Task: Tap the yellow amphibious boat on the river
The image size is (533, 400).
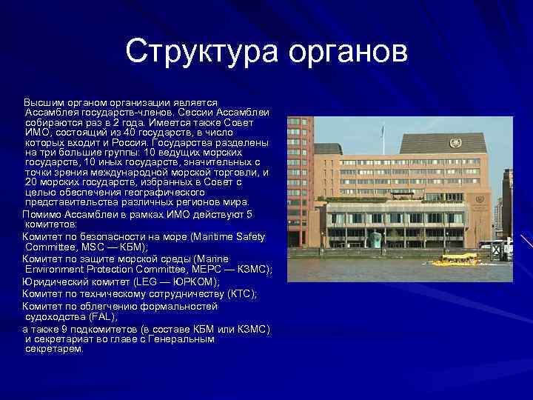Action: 455,259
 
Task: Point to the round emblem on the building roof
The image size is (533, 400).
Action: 455,142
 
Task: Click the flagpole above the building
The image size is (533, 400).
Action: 383,136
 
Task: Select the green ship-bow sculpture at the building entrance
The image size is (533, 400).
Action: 376,240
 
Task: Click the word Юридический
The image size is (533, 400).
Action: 57,281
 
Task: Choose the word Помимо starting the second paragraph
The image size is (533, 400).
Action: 42,214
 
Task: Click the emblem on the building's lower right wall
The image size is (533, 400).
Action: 479,200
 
